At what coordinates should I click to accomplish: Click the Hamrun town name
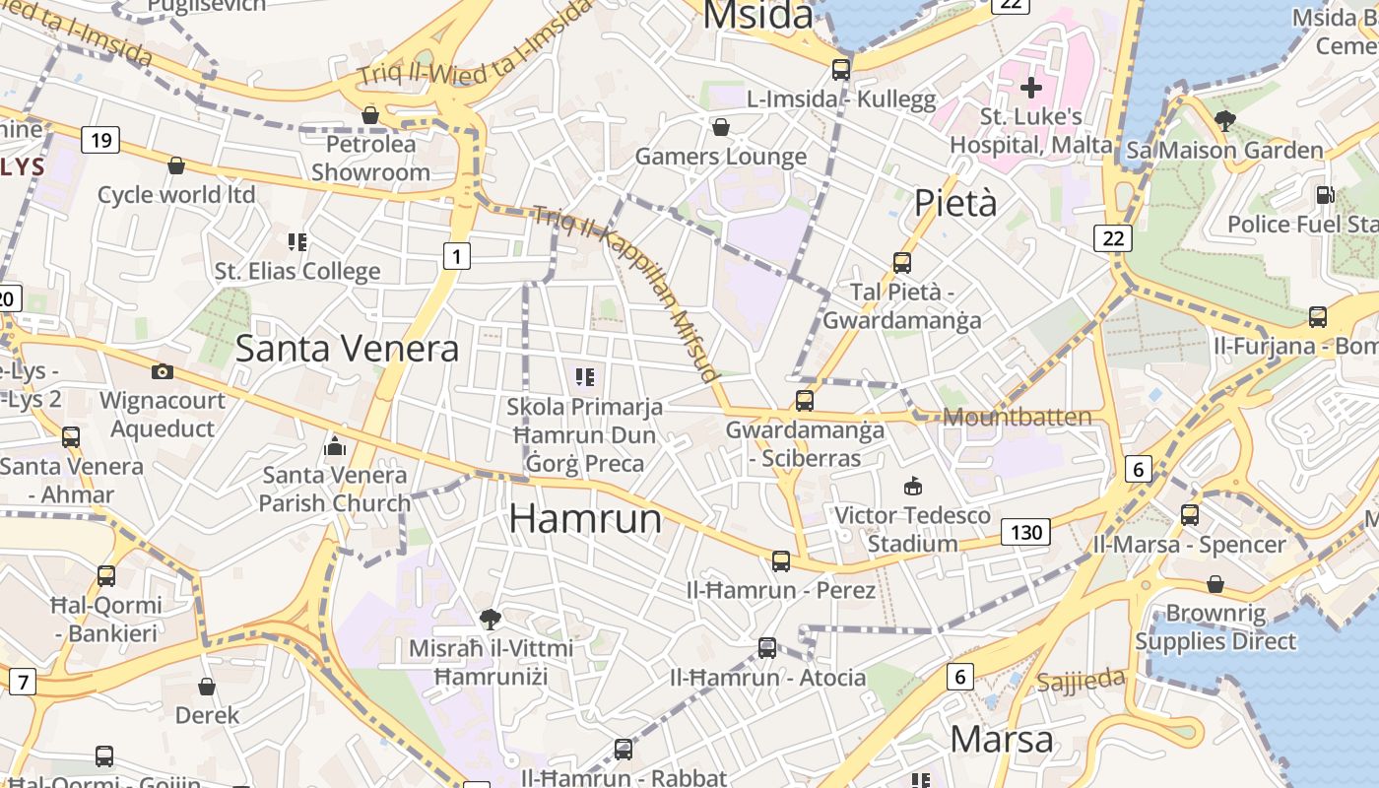tap(585, 518)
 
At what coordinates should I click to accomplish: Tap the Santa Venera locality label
tap(347, 348)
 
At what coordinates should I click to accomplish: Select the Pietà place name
tap(955, 203)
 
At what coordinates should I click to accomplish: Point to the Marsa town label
tap(1002, 739)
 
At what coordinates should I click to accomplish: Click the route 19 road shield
tap(100, 140)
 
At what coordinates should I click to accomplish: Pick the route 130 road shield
tap(1025, 533)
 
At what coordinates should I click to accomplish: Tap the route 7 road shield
tap(22, 681)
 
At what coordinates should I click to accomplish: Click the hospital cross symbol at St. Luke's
tap(1031, 88)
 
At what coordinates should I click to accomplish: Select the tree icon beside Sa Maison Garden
tap(1225, 121)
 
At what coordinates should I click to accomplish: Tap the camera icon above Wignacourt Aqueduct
tap(163, 371)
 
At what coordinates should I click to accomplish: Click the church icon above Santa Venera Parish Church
tap(335, 446)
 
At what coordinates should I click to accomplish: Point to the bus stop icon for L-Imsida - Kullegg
tap(841, 69)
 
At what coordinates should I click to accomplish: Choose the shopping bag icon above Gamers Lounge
tap(721, 127)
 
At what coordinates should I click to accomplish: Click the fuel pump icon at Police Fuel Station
tap(1325, 195)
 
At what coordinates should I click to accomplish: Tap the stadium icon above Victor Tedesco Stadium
tap(913, 486)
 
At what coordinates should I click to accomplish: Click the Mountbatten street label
tap(1018, 417)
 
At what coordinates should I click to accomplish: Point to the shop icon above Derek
tap(207, 686)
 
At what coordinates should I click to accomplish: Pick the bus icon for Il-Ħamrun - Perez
tap(781, 561)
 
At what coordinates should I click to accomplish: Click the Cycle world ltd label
tap(176, 194)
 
